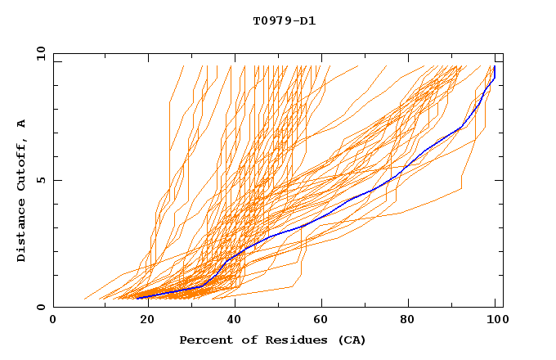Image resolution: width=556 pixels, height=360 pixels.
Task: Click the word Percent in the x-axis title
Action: (x=203, y=340)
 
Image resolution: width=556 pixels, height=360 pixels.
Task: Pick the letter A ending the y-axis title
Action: (x=22, y=124)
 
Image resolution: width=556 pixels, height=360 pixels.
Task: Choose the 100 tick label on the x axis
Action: (x=495, y=320)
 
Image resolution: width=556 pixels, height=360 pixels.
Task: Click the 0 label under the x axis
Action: (x=53, y=320)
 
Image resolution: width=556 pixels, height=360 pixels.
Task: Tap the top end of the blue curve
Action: (x=495, y=66)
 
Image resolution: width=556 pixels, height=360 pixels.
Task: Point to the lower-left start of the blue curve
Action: (x=137, y=298)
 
